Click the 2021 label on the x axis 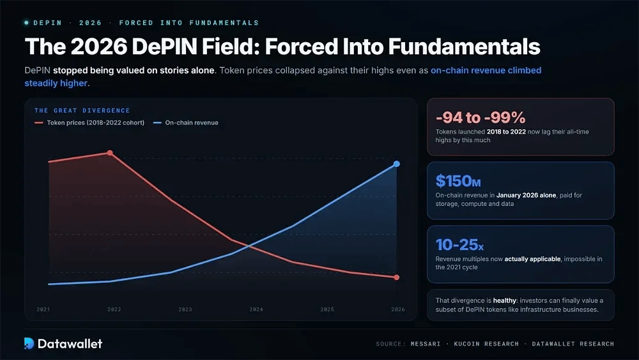43,309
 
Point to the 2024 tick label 256,309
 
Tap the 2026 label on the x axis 398,309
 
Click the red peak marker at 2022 110,153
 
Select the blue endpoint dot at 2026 397,164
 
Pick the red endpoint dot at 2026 397,278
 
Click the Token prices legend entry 89,123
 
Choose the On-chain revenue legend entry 186,123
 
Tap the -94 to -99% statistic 481,118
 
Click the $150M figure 458,181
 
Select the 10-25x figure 459,245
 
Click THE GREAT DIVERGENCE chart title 82,111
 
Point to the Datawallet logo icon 29,343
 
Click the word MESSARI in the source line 426,343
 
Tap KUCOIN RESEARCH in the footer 486,343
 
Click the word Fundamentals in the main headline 464,47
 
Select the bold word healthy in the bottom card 505,301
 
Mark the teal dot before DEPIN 26,23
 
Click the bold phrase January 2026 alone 526,195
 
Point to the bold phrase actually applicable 533,259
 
